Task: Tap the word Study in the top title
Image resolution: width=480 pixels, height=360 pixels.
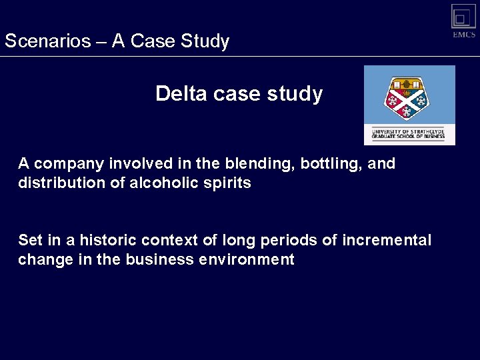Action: tap(203, 41)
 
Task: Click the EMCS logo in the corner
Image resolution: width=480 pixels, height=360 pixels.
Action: tap(463, 20)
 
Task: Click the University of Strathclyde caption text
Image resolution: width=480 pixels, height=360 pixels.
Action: tap(409, 133)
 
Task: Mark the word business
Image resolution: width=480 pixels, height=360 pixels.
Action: tap(158, 259)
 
